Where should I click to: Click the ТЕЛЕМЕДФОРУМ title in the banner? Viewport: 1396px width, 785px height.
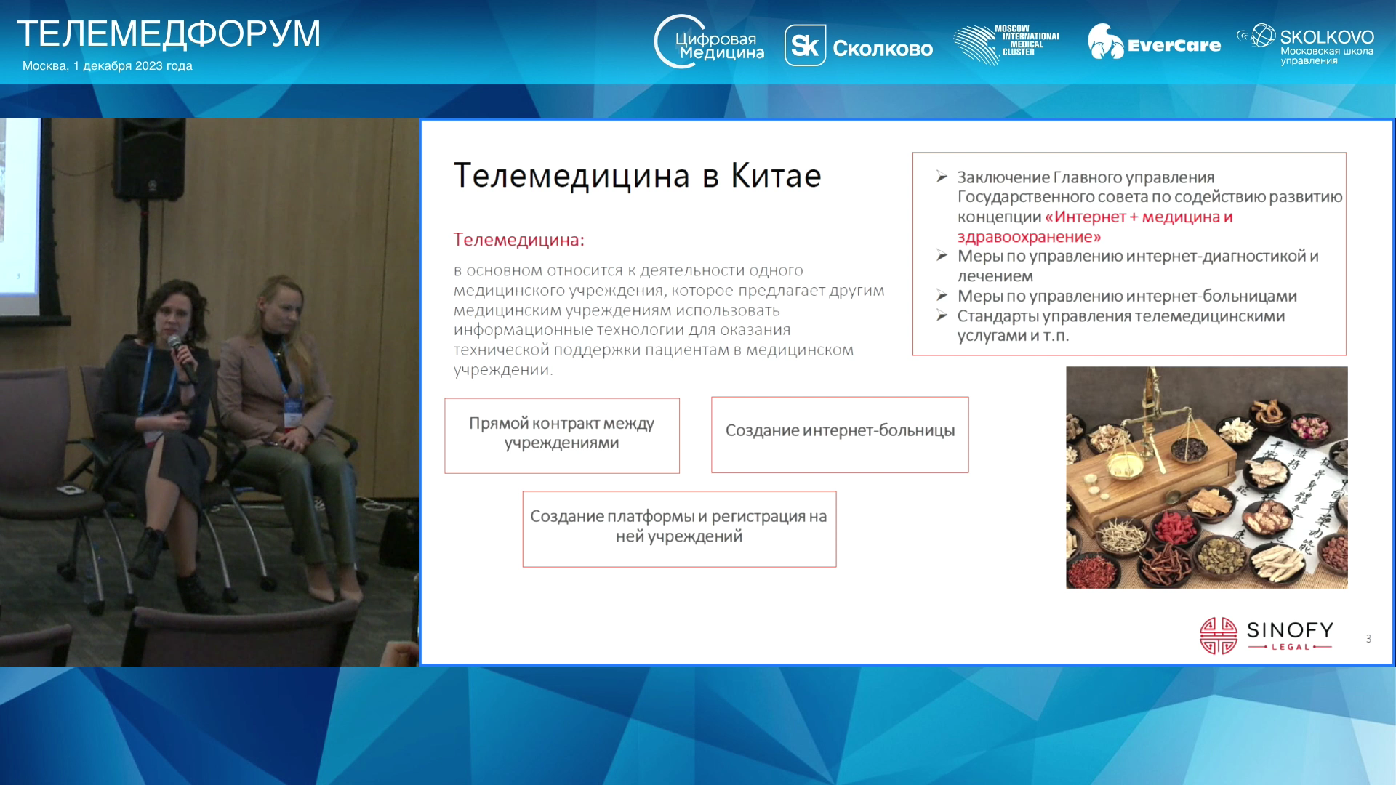pos(169,33)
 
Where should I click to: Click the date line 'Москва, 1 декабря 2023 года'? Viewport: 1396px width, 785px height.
pos(108,65)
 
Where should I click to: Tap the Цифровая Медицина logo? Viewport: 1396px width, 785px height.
pos(709,42)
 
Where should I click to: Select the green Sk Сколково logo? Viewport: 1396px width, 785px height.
pos(859,46)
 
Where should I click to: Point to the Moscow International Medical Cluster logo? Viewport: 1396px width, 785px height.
pos(1006,44)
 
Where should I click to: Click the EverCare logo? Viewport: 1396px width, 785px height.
pos(1154,42)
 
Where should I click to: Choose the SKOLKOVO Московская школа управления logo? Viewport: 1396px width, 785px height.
pos(1305,44)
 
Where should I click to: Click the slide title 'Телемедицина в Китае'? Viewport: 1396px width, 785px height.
pos(637,175)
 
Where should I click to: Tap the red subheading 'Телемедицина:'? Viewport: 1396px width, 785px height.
pos(518,239)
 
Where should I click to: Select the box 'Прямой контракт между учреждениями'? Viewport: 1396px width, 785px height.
pos(562,435)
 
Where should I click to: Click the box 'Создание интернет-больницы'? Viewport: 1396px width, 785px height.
pos(840,435)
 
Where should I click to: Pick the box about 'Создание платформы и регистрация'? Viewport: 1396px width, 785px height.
pos(679,529)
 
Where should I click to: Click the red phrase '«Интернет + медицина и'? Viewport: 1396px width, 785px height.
pos(1139,217)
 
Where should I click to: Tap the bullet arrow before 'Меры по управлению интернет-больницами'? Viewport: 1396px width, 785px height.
pos(942,295)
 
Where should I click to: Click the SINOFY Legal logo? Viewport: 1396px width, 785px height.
pos(1266,636)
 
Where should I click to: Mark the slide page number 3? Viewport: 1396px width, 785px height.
pos(1368,639)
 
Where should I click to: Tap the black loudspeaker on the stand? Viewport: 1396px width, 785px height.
pos(148,159)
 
